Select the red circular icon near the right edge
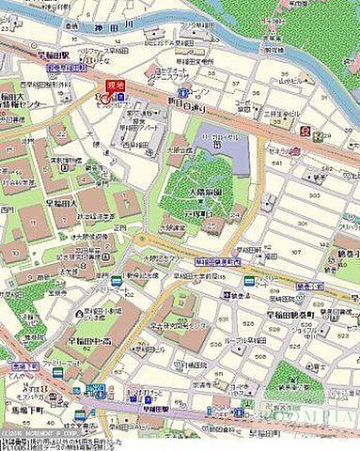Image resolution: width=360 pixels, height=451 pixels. (304, 132)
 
